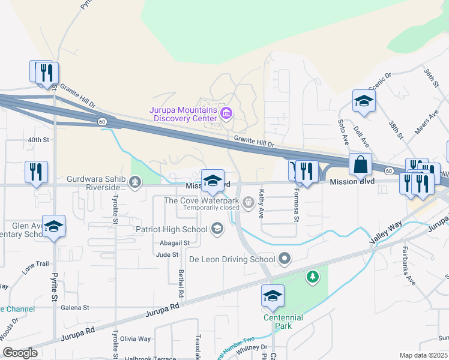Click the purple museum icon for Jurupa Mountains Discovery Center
pos(226,112)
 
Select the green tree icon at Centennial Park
pos(312,277)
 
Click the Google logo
pos(20,353)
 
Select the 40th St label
pos(38,140)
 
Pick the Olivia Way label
pos(135,339)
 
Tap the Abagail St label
pos(175,243)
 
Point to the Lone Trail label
pos(35,264)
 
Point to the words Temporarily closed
pos(211,208)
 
